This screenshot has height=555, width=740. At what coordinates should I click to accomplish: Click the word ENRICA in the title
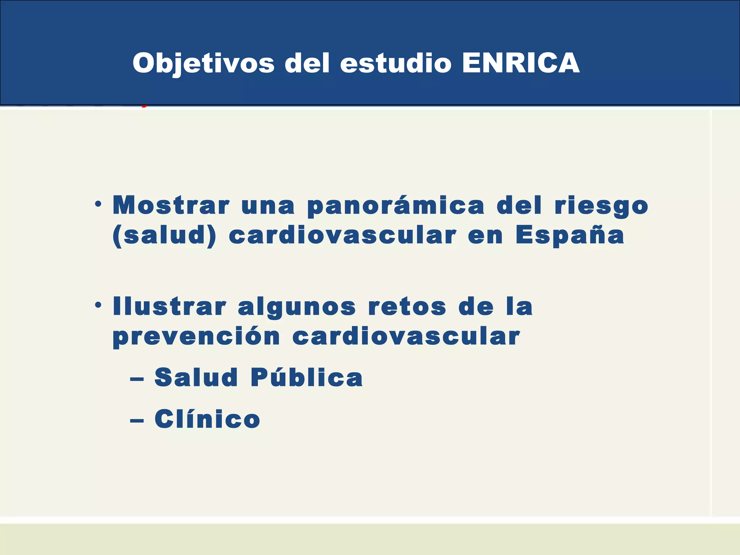pos(521,63)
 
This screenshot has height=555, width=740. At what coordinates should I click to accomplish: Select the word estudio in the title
pos(396,63)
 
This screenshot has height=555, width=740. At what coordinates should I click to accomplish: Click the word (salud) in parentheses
pos(164,236)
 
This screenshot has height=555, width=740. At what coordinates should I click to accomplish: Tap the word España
pos(570,236)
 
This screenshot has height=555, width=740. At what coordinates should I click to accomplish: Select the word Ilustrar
pos(169,306)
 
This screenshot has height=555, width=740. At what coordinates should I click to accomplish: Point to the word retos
pos(407,306)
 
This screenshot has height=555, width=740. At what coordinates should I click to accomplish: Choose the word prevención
pos(197,337)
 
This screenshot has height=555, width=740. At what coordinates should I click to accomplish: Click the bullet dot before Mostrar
pos(98,205)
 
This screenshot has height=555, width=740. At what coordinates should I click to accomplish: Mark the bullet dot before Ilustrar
pos(98,306)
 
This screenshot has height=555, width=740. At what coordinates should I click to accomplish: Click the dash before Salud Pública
pos(137,379)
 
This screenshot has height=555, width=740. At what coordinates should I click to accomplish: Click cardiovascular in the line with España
pos(343,236)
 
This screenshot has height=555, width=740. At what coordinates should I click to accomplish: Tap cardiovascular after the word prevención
pos(406,336)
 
